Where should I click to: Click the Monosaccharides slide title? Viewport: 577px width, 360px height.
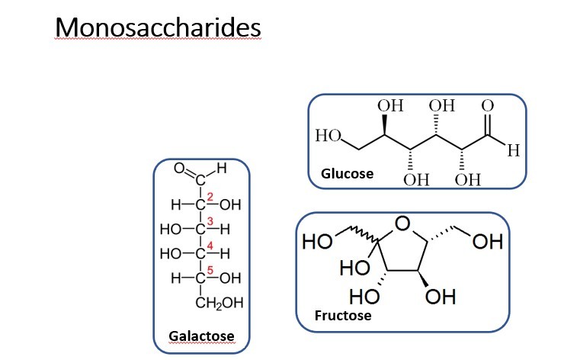click(159, 27)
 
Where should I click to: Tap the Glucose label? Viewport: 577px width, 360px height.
click(347, 174)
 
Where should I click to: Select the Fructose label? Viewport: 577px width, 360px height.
click(343, 315)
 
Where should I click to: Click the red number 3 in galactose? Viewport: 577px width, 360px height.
click(210, 220)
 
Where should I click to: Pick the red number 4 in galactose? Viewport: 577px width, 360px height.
click(210, 244)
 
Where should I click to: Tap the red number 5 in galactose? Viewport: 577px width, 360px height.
click(210, 268)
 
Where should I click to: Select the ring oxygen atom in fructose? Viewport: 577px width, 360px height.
click(403, 223)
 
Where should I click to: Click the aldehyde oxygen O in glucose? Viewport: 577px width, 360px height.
click(489, 106)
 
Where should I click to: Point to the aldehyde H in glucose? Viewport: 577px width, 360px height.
click(513, 152)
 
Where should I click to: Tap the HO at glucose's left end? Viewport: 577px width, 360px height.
click(328, 137)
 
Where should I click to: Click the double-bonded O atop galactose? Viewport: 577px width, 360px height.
click(180, 168)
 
